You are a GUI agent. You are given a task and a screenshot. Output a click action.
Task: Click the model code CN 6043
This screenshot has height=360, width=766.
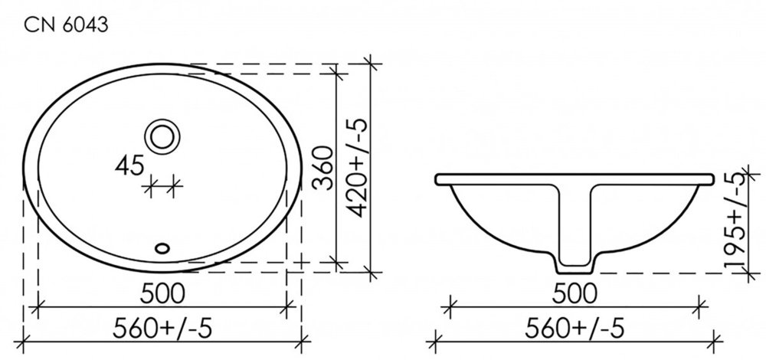click(66, 25)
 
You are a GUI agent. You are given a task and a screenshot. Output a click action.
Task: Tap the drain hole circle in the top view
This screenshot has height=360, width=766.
click(162, 136)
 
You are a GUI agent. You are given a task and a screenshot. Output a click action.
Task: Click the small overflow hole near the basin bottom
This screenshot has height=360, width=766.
click(162, 248)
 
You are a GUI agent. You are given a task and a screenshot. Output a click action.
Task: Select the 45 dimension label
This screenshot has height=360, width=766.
click(130, 166)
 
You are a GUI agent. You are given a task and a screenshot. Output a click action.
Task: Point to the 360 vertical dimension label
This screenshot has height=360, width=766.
click(322, 169)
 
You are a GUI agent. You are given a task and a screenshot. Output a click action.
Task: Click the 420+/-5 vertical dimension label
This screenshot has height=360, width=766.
click(358, 168)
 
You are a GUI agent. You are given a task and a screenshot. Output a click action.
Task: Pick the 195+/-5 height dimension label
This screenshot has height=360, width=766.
click(737, 221)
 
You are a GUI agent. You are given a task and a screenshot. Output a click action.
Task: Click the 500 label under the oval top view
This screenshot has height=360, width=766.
click(162, 293)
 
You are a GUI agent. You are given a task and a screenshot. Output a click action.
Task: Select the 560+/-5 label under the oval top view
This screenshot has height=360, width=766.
click(162, 329)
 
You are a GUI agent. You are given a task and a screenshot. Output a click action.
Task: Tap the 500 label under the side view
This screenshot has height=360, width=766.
click(574, 293)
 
